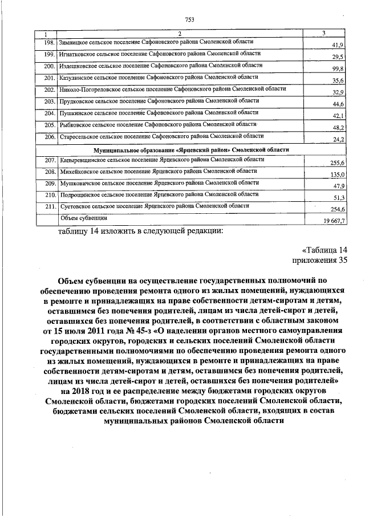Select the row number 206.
[48, 137]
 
